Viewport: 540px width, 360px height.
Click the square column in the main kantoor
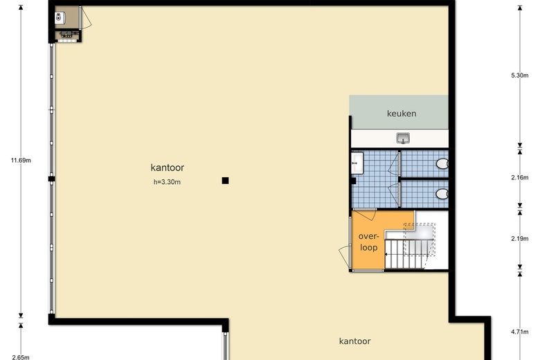tap(225, 181)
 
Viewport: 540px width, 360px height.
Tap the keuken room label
tap(402, 114)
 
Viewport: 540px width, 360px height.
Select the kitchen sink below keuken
tap(403, 138)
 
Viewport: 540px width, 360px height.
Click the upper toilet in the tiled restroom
tap(442, 163)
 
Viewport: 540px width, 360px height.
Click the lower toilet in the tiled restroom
tap(442, 194)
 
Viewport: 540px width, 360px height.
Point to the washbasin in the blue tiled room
tap(357, 163)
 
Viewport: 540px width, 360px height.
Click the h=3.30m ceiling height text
tap(167, 182)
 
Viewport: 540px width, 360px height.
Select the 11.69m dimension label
tap(21, 160)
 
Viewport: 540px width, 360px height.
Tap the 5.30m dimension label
tap(520, 75)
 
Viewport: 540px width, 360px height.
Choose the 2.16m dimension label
tap(520, 177)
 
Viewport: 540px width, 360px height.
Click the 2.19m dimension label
tap(520, 238)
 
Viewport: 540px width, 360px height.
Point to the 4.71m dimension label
tap(520, 332)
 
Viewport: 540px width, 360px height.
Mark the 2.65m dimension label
tap(21, 357)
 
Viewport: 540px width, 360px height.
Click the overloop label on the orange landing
tap(368, 242)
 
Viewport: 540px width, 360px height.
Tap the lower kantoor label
tap(354, 341)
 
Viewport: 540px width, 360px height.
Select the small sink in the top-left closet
tap(60, 17)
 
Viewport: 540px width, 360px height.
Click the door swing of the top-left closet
tap(87, 18)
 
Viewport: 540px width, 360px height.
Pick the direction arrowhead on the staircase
tap(386, 255)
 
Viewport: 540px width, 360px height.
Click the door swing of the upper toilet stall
tap(393, 165)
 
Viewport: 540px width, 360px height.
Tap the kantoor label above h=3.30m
tap(168, 168)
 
